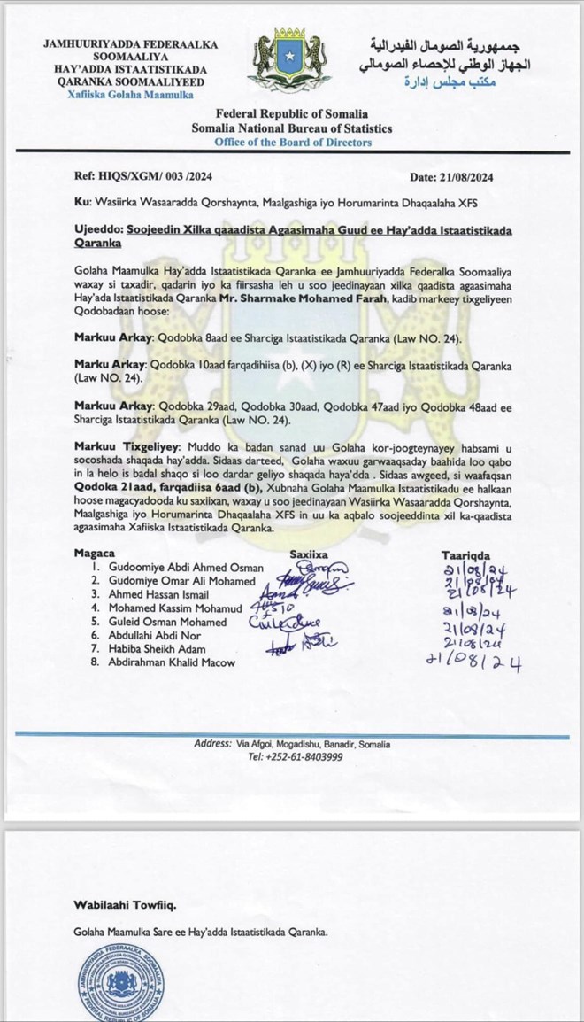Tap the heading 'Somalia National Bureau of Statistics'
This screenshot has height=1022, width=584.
(x=292, y=128)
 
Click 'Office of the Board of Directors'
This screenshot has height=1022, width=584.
(x=292, y=143)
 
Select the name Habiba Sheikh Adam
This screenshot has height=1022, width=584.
(x=157, y=648)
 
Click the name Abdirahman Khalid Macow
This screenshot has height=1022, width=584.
(x=173, y=662)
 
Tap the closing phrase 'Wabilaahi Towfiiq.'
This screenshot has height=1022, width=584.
(x=125, y=904)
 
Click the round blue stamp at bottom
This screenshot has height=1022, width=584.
(x=121, y=983)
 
